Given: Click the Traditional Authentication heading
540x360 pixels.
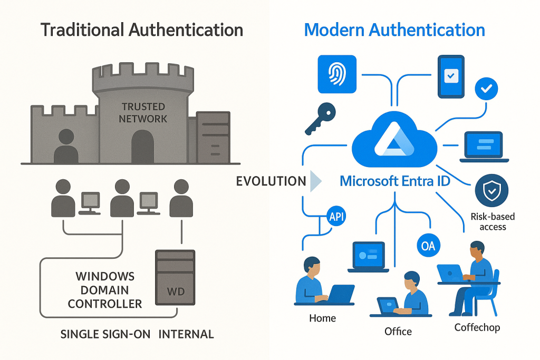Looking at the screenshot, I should (x=142, y=30).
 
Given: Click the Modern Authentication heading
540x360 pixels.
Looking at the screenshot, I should (x=394, y=30).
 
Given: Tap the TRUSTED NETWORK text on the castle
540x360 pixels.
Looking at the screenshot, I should (x=143, y=112).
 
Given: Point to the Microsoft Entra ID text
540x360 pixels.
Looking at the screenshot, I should (x=396, y=181).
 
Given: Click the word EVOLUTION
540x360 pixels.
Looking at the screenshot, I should (x=271, y=181).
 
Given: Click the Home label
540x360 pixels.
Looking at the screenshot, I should (x=323, y=318).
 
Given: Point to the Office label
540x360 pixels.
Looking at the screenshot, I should (x=398, y=331).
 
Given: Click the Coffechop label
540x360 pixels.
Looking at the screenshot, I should (x=477, y=327).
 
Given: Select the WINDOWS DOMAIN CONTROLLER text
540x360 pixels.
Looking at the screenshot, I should (x=105, y=290).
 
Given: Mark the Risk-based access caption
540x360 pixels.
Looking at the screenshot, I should (x=493, y=221).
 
